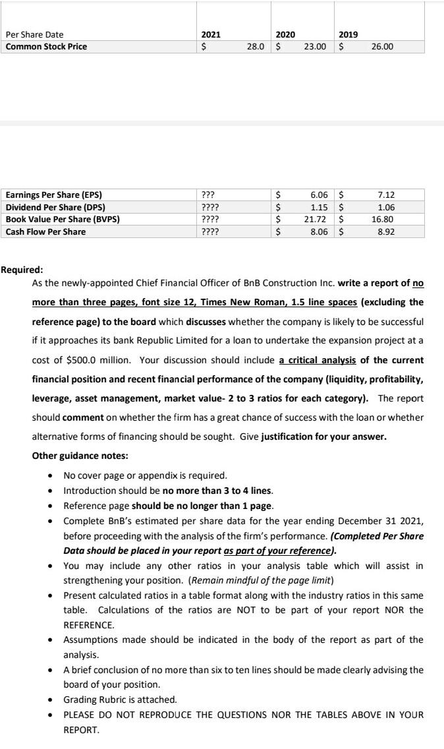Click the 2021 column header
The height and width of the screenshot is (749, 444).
[210, 34]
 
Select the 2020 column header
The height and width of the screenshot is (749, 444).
[285, 34]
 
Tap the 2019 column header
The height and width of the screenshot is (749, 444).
[348, 34]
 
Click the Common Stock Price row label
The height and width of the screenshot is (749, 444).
[46, 46]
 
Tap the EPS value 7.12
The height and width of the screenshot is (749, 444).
[387, 195]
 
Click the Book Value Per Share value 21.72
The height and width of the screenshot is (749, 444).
[319, 219]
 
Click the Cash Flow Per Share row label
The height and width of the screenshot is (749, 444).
[45, 231]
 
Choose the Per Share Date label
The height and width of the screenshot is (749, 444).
[34, 34]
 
